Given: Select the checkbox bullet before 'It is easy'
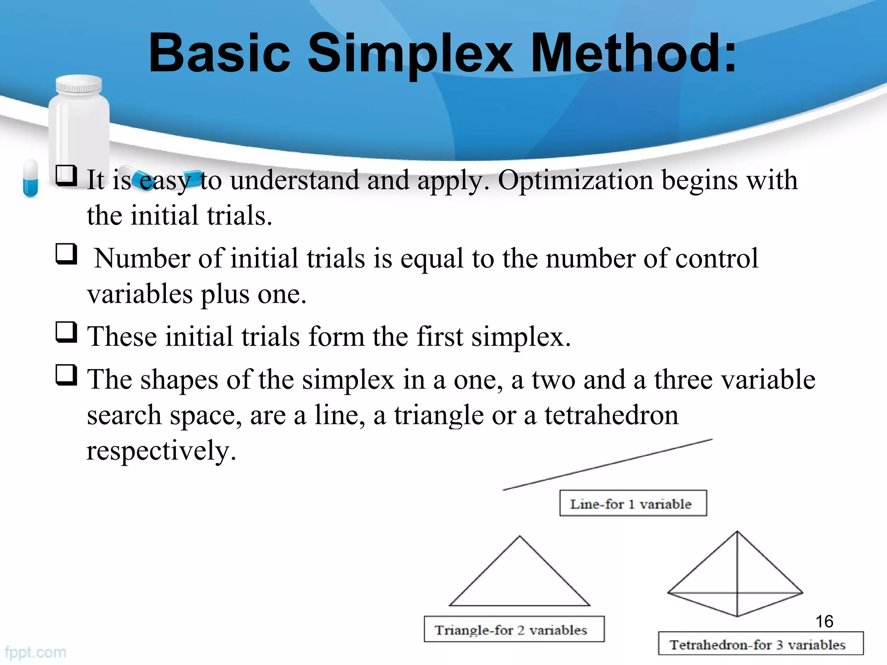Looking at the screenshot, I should [66, 175].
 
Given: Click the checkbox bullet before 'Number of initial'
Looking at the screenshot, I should [66, 254].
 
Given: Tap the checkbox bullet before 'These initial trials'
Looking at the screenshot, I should [66, 332].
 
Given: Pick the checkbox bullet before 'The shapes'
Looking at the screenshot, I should [66, 375].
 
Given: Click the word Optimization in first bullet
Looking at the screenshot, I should [575, 180].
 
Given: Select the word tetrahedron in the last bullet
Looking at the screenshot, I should [611, 415].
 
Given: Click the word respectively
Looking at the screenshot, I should [161, 451].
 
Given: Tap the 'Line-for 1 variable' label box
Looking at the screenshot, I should [633, 503].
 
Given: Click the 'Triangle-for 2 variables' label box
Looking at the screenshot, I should [514, 629].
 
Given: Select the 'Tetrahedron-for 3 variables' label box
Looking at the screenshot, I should [760, 643].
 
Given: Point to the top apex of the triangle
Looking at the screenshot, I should [520, 537].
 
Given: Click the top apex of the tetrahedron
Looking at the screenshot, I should [737, 532].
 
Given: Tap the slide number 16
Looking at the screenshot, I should [824, 622].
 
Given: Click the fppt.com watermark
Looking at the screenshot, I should [36, 652].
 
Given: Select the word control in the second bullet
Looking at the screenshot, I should [716, 258].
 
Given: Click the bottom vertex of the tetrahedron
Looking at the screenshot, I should [737, 616].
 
